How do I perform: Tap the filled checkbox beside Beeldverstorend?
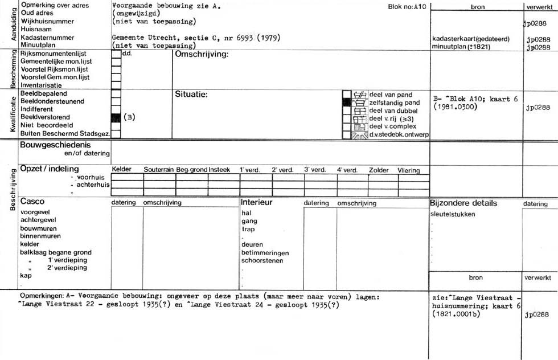pyautogui.click(x=116, y=117)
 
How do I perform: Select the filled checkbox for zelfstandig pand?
pyautogui.click(x=347, y=103)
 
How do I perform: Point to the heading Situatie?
pyautogui.click(x=191, y=94)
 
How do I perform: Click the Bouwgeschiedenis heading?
pyautogui.click(x=55, y=145)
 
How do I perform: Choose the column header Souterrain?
pyautogui.click(x=159, y=170)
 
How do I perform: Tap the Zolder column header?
pyautogui.click(x=379, y=170)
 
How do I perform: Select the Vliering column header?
pyautogui.click(x=409, y=170)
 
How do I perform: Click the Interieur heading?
pyautogui.click(x=257, y=202)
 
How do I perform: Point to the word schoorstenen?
pyautogui.click(x=262, y=261)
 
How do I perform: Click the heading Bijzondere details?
pyautogui.click(x=463, y=203)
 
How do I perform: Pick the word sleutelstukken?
pyautogui.click(x=453, y=214)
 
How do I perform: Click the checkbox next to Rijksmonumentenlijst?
pyautogui.click(x=116, y=54)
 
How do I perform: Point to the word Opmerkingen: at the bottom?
pyautogui.click(x=40, y=297)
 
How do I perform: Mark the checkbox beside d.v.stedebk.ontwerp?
pyautogui.click(x=347, y=135)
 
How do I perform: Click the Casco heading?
pyautogui.click(x=32, y=202)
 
